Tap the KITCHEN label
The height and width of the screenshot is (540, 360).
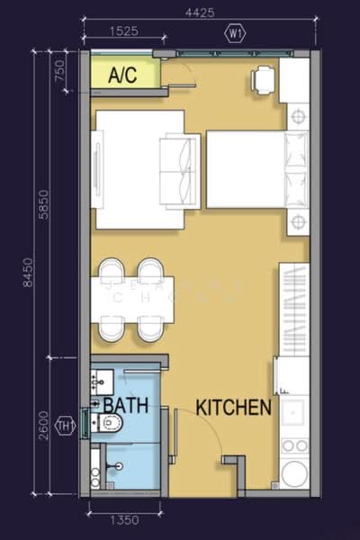tap(234, 408)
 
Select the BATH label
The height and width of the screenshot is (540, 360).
tap(125, 405)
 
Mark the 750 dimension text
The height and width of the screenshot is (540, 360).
tap(61, 70)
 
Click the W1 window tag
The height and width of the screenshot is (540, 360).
tap(237, 34)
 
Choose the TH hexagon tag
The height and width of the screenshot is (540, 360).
tap(65, 425)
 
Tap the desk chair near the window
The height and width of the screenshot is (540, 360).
tap(264, 80)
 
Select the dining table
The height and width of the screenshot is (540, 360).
tap(132, 299)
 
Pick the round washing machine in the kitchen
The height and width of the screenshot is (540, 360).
tap(294, 472)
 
